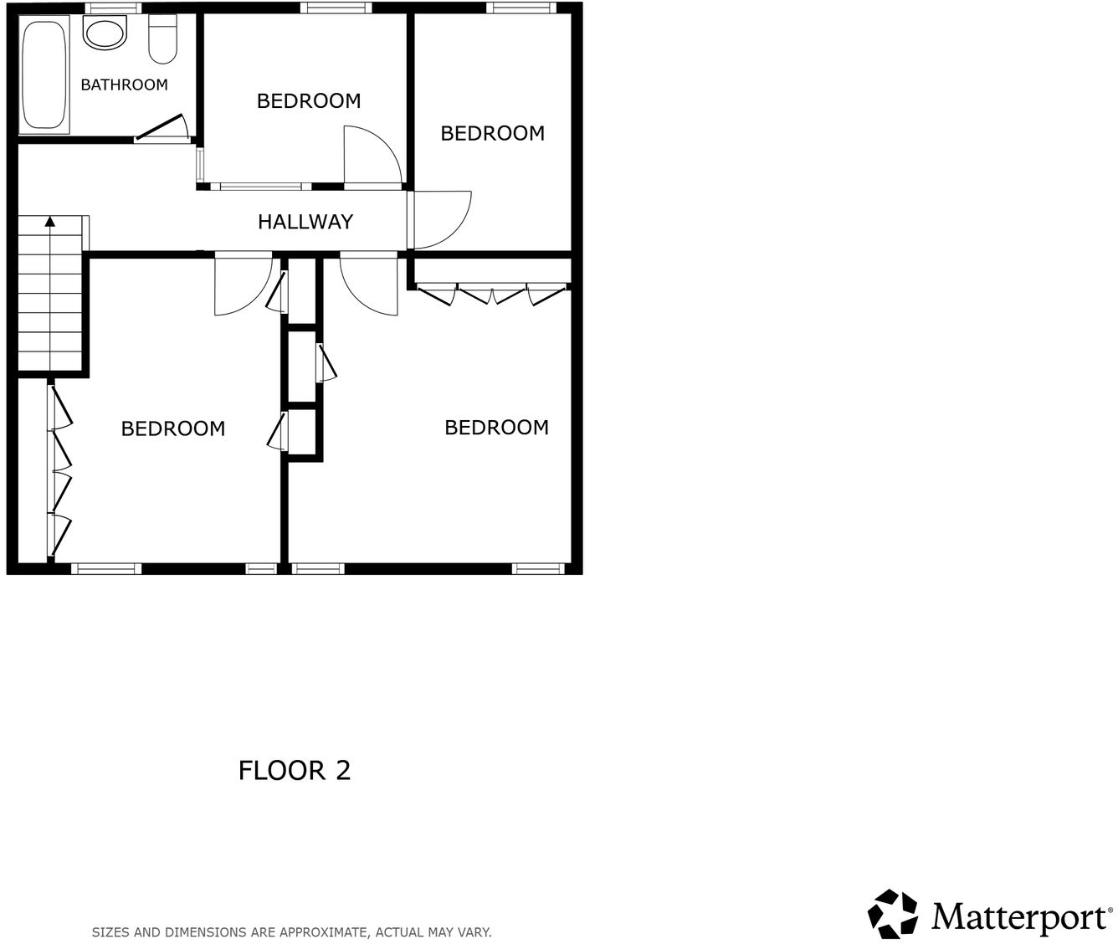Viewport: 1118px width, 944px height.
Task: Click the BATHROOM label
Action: pos(124,85)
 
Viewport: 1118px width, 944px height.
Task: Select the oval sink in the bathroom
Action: pos(104,35)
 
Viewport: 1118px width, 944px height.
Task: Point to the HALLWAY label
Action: pos(305,222)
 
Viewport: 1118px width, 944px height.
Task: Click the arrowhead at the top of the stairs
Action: pos(50,221)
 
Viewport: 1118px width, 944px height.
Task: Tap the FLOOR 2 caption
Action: pos(295,770)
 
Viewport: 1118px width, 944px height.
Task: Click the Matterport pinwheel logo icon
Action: pos(893,914)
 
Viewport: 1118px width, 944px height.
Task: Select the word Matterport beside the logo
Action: pos(1018,916)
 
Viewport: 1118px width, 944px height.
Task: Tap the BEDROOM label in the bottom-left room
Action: pos(173,428)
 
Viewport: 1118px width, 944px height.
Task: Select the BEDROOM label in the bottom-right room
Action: pos(496,428)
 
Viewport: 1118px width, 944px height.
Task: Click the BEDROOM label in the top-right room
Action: pos(492,133)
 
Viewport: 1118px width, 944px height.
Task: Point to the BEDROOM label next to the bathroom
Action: pos(309,101)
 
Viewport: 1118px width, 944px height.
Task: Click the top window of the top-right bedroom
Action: pos(522,8)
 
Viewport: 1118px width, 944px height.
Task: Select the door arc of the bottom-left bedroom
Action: pos(242,287)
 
